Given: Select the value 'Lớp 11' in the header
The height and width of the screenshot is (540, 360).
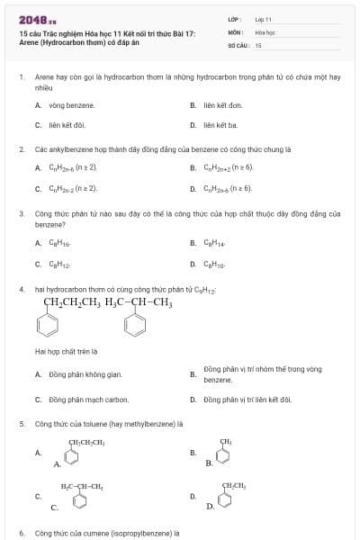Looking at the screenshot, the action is pos(263,19).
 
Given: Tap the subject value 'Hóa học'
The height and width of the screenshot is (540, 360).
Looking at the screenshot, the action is pos(264,31).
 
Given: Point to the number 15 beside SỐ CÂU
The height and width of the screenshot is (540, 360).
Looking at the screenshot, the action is pos(258,44).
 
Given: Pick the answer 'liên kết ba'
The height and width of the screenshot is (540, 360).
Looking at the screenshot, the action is pos(220,125).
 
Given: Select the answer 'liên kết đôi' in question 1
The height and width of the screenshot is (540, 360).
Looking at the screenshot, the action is pos(66,125).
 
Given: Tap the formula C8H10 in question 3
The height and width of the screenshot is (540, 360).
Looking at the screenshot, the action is pos(214,264).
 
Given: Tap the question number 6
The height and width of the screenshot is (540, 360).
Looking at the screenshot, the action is pos(22,533).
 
